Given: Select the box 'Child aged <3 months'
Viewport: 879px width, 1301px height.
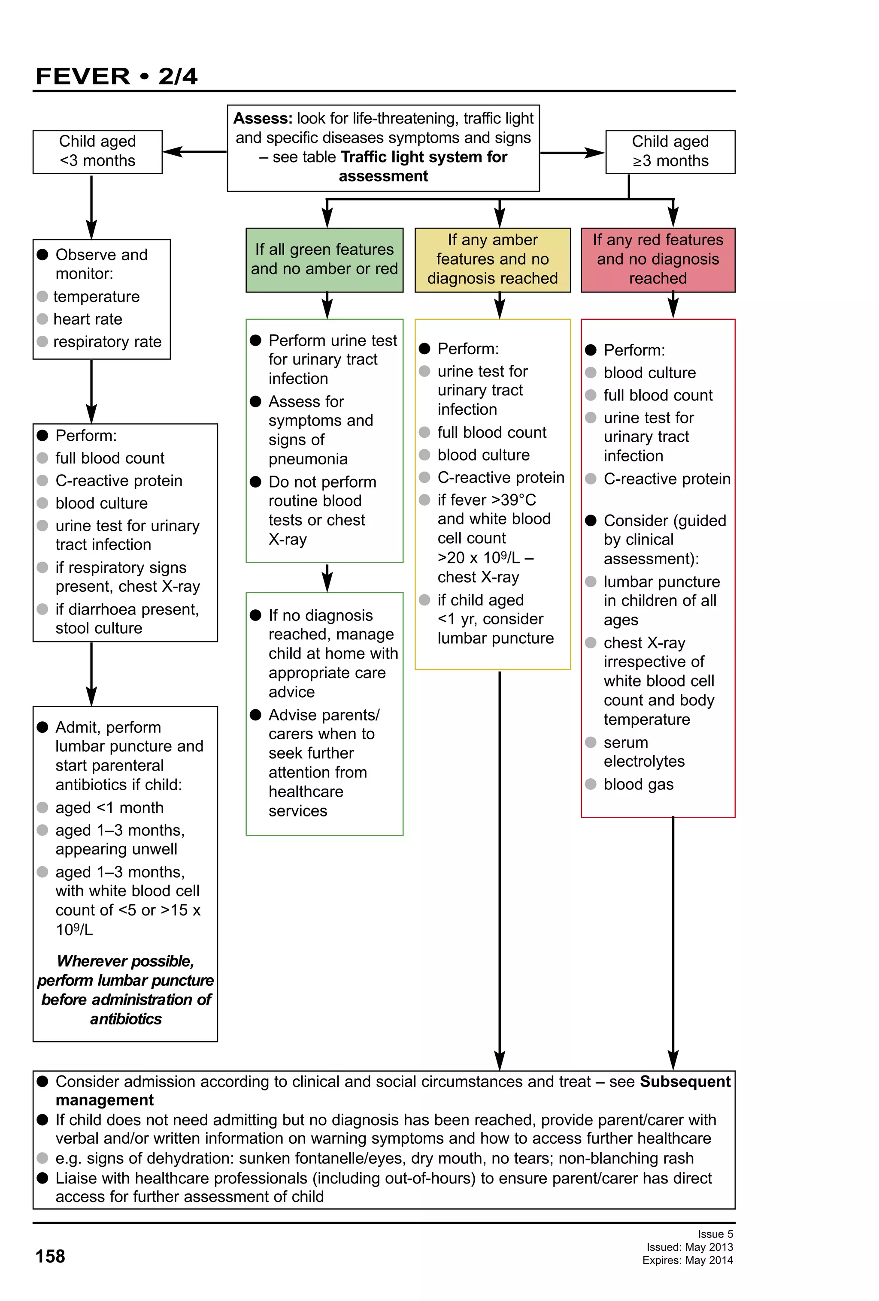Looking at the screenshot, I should tap(97, 151).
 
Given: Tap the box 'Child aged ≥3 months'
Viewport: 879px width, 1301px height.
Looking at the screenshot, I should tap(670, 151).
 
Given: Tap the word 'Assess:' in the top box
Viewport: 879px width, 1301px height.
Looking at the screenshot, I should tap(262, 119).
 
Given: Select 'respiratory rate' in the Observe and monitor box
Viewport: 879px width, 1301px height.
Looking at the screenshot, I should tap(107, 341).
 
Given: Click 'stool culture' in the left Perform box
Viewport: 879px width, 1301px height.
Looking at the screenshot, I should tap(99, 628).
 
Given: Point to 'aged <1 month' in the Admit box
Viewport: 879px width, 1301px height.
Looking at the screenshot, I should tap(109, 807).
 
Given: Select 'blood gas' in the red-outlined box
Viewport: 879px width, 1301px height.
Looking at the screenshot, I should tap(638, 784).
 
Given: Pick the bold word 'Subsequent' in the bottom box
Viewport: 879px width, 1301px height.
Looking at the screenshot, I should tap(685, 1081).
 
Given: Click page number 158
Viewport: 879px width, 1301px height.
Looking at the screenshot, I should tap(50, 1256).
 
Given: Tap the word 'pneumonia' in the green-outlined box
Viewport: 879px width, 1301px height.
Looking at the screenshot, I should tap(308, 459).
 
